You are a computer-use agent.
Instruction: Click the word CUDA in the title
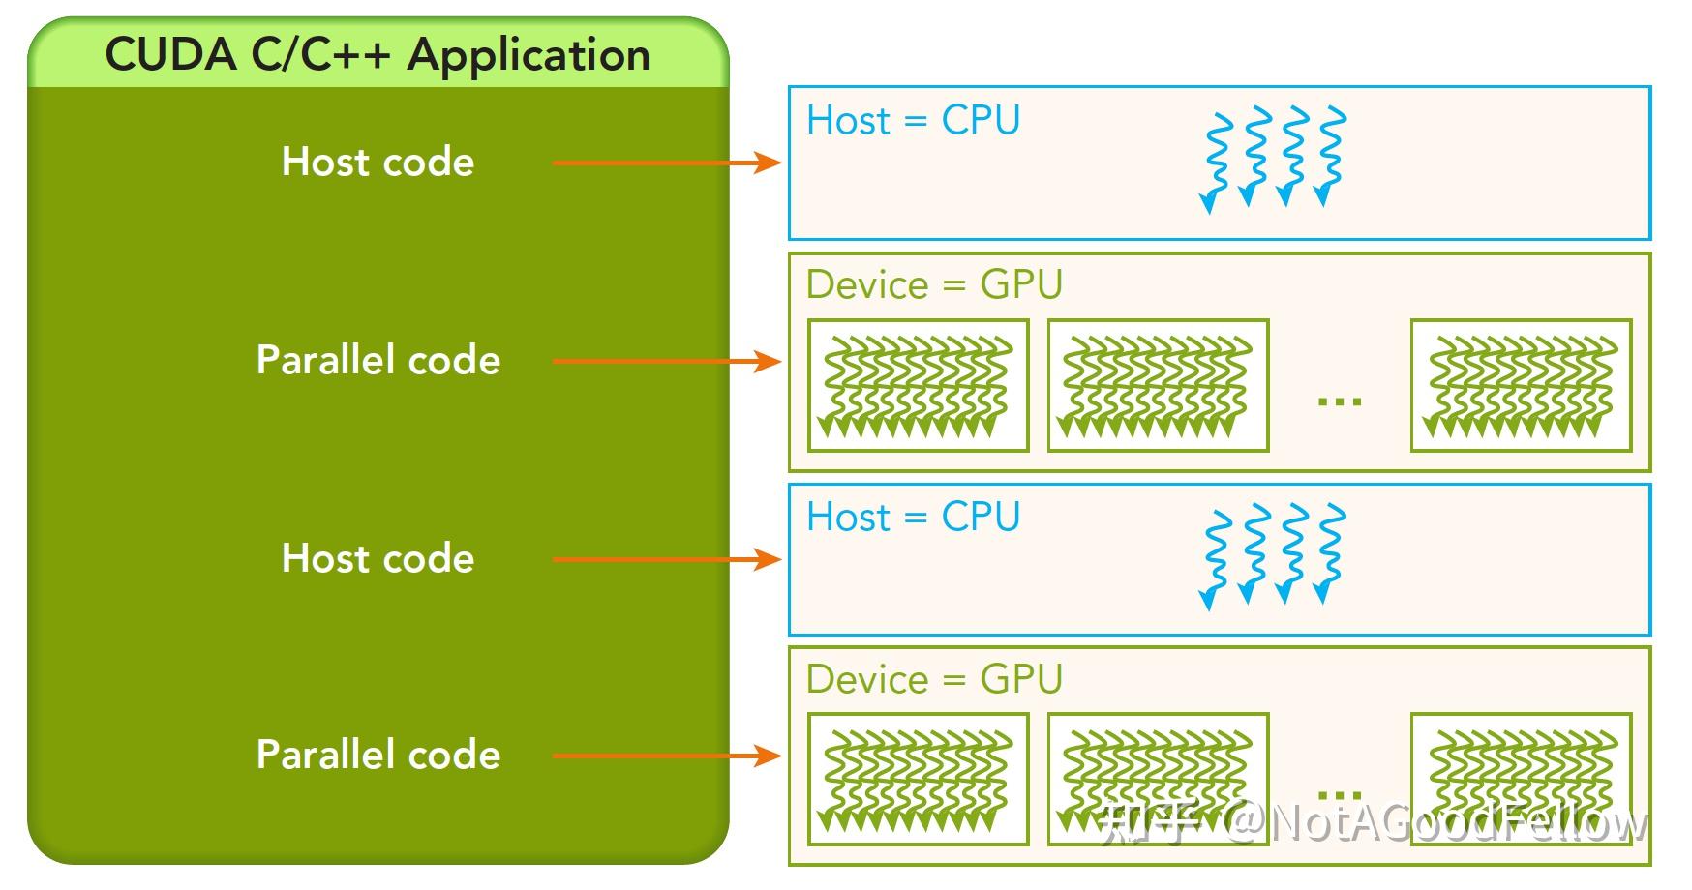[x=170, y=55]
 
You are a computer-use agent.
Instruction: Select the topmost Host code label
[x=378, y=162]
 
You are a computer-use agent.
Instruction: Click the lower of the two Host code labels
[x=378, y=558]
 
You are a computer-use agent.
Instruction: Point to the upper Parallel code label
[x=378, y=360]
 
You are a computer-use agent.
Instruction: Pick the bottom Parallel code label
[x=378, y=755]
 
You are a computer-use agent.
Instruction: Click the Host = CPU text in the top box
[x=913, y=121]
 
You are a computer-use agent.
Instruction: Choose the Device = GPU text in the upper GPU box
[x=934, y=285]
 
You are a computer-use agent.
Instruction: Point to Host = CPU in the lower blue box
[x=913, y=517]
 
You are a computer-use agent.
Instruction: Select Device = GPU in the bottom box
[x=934, y=679]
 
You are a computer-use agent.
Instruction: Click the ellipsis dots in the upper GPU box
[x=1340, y=400]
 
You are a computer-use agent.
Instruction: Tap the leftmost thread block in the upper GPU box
[x=918, y=385]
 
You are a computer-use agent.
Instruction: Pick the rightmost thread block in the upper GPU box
[x=1521, y=385]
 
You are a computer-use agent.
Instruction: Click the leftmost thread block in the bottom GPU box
[x=918, y=779]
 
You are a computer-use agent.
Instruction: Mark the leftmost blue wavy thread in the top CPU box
[x=1216, y=161]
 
